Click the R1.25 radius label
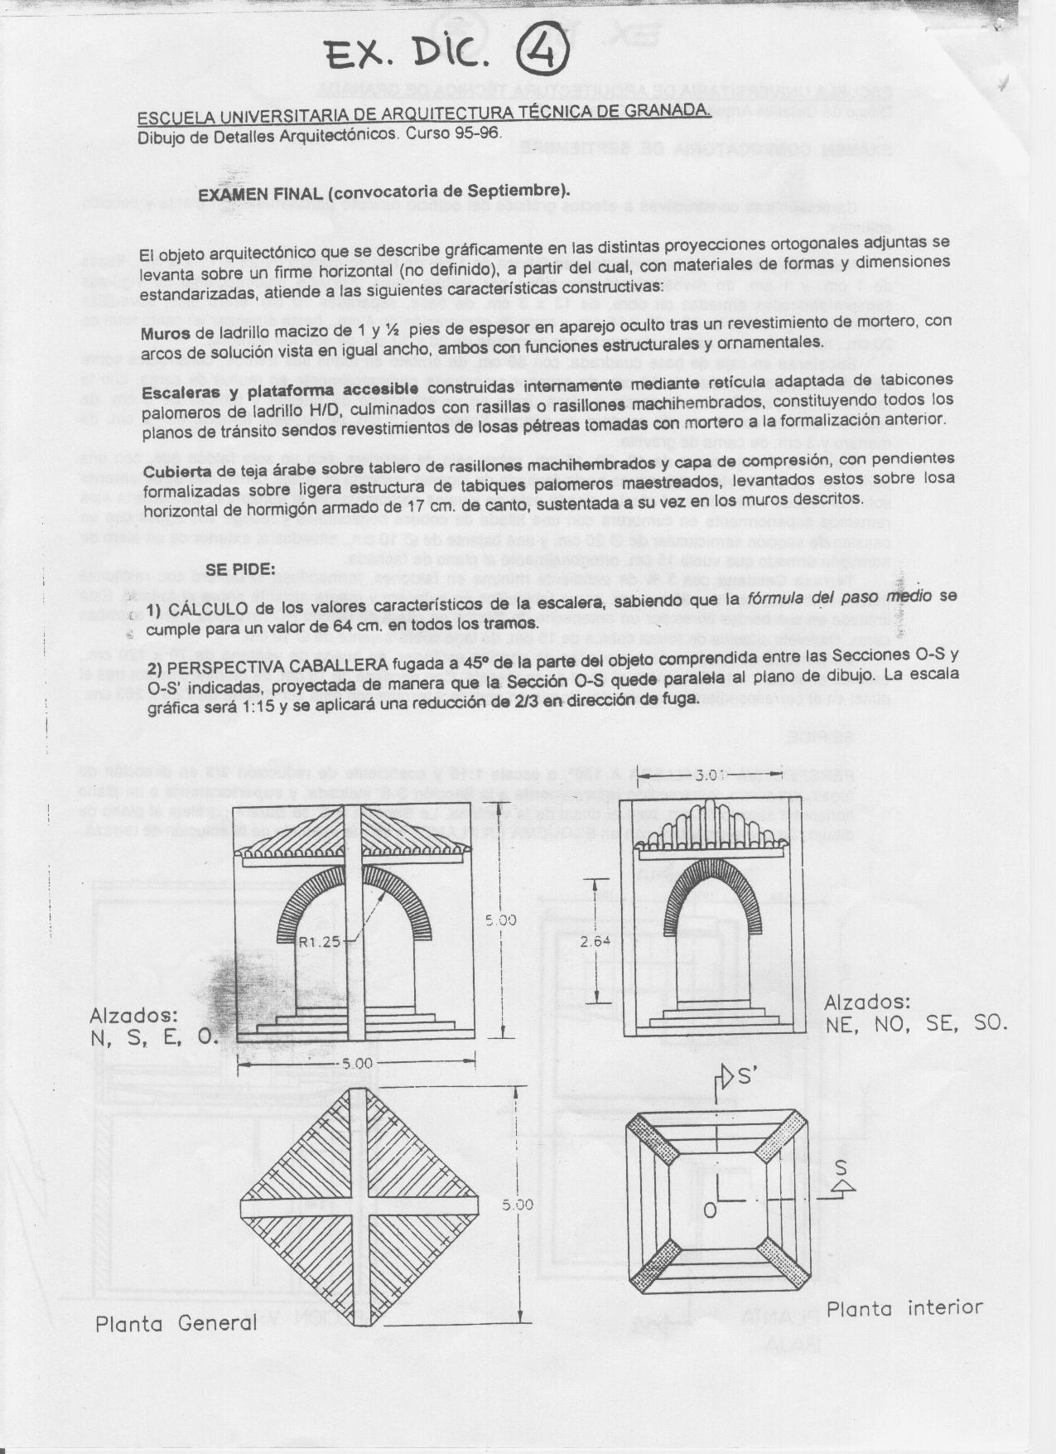[x=319, y=941]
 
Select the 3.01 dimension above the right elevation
[x=711, y=776]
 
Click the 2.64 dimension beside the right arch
[x=596, y=941]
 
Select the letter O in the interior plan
[x=710, y=1210]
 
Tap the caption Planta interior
[x=904, y=1309]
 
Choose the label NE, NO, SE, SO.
[x=916, y=1024]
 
